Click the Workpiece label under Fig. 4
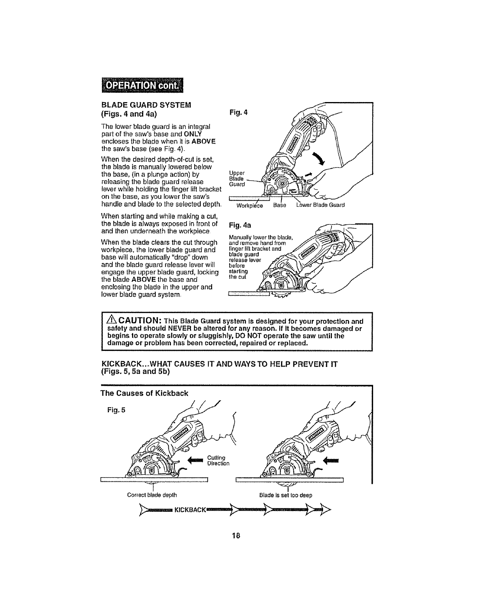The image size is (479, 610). coord(250,205)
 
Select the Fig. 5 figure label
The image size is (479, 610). coord(116,409)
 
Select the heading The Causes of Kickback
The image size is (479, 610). coord(144,393)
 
